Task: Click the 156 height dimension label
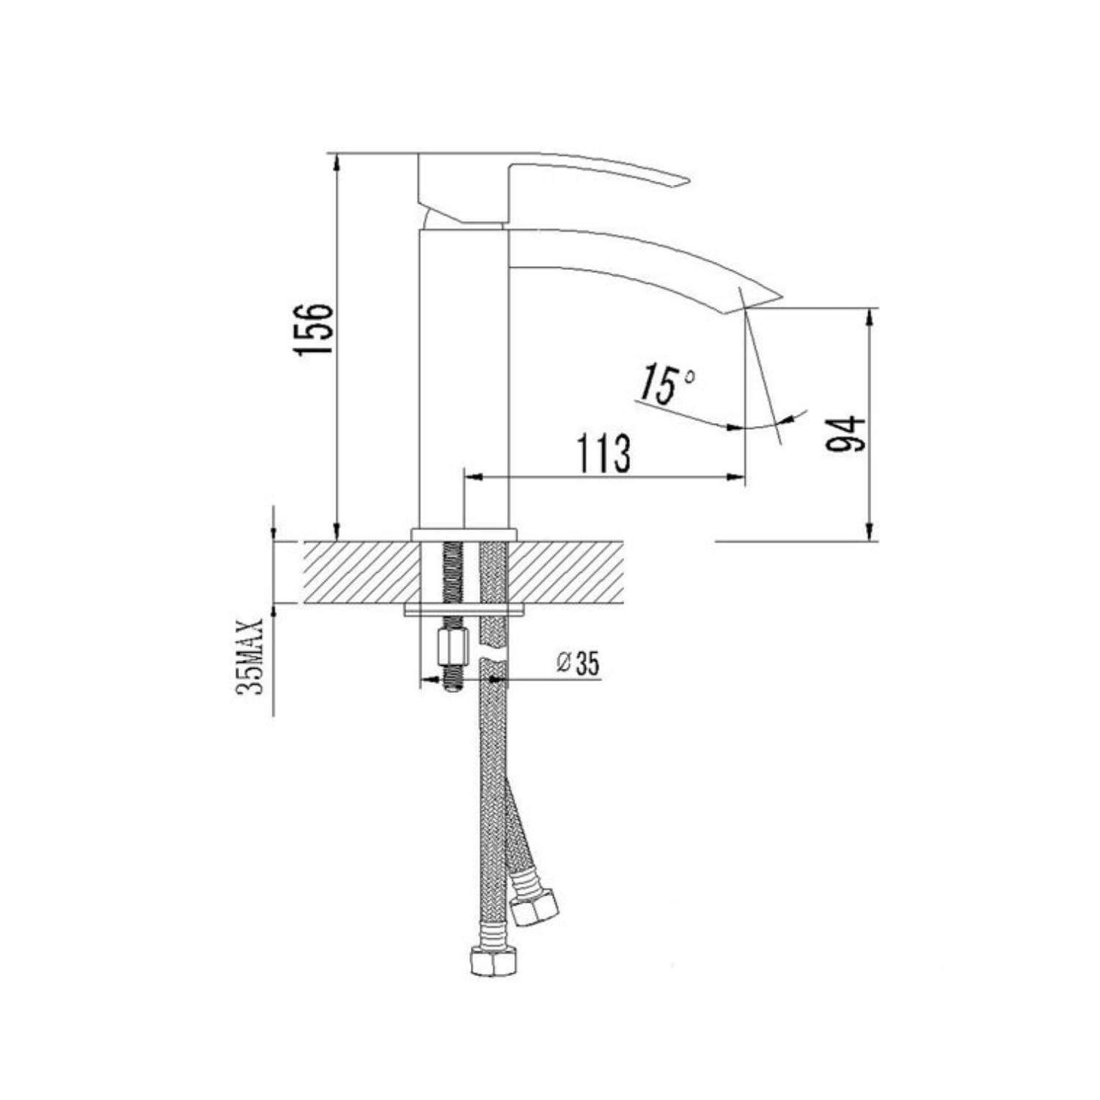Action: pyautogui.click(x=315, y=329)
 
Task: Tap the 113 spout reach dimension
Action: pyautogui.click(x=604, y=454)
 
